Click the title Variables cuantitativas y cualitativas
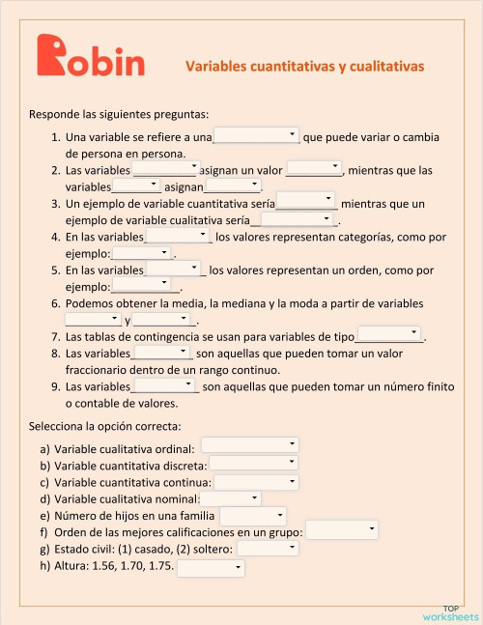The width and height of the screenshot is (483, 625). click(x=304, y=67)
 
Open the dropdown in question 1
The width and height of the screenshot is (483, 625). click(x=256, y=136)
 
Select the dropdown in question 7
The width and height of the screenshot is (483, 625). click(x=389, y=335)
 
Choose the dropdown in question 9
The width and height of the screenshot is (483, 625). click(x=164, y=386)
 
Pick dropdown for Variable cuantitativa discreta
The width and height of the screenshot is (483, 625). click(x=252, y=464)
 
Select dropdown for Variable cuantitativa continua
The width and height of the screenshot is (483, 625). click(x=254, y=481)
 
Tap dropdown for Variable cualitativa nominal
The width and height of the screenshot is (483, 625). click(x=229, y=498)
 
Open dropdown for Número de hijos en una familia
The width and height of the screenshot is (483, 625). click(x=253, y=517)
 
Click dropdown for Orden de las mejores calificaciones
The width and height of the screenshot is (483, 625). click(x=342, y=530)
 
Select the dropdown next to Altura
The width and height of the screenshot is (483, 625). click(x=211, y=568)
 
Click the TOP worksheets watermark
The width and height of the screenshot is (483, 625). click(x=449, y=612)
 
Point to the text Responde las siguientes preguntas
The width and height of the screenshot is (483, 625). click(x=119, y=114)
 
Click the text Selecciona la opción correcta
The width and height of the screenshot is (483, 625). click(x=105, y=425)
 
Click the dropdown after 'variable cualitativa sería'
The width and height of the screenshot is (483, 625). click(x=298, y=219)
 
